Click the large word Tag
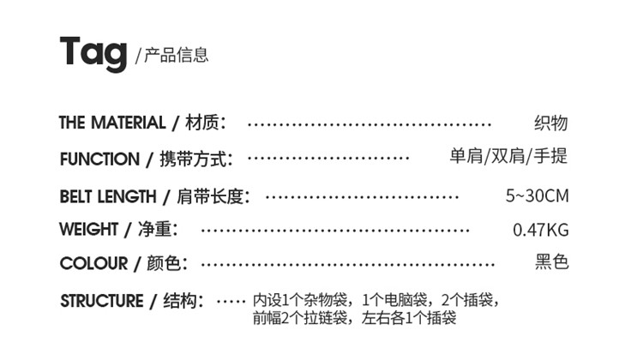(94, 54)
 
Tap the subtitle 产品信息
(175, 56)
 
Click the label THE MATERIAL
(112, 123)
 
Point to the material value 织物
(550, 123)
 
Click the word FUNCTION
(99, 159)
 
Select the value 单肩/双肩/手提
(508, 157)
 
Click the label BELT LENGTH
(108, 196)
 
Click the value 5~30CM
(537, 196)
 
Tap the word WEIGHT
(89, 230)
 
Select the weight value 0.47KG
(540, 231)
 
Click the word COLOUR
(93, 264)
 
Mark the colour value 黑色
(551, 263)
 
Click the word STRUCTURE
(102, 301)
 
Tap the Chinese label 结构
(184, 301)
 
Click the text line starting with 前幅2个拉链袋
(354, 319)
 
